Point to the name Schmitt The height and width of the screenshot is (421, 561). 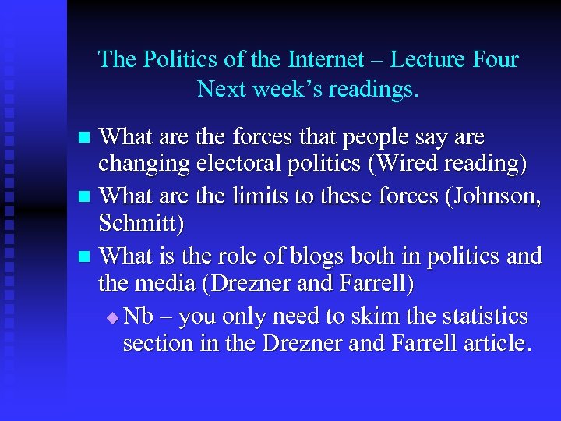[x=141, y=225]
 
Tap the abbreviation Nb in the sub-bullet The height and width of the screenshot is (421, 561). [x=139, y=316]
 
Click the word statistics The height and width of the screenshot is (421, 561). [x=483, y=316]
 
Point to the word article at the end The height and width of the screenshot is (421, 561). [x=497, y=344]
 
